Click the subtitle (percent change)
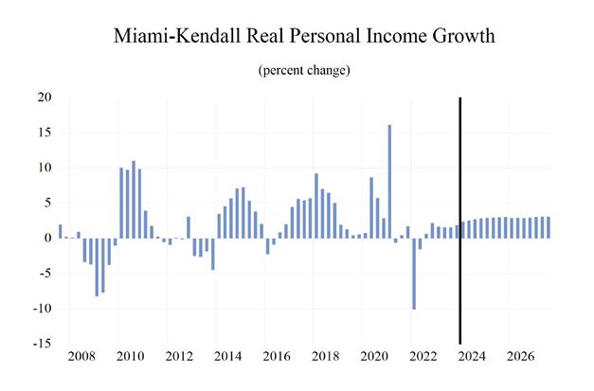coord(297,71)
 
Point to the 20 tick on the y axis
coord(45,98)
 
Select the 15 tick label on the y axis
coord(45,133)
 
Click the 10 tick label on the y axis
coord(45,168)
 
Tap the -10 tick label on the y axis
coord(42,309)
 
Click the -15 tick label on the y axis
coord(42,344)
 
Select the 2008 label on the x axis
coord(82,359)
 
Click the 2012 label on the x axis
coord(180,359)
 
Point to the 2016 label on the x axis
coord(277,359)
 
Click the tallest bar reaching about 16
coord(389,180)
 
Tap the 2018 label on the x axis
coord(325,359)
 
